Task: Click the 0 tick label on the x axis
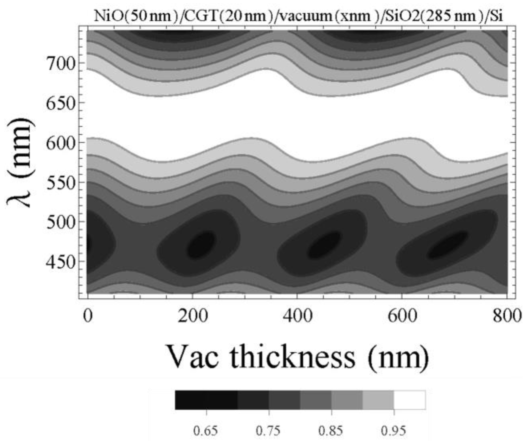(x=88, y=316)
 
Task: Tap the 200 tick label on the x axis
(x=192, y=316)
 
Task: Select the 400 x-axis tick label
(x=297, y=316)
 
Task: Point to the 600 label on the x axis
(x=402, y=316)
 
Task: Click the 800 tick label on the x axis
(x=507, y=316)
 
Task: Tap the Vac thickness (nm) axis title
(x=297, y=357)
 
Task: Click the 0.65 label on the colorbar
(x=206, y=431)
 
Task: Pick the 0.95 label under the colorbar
(x=394, y=431)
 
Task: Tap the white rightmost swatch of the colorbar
(x=410, y=400)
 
